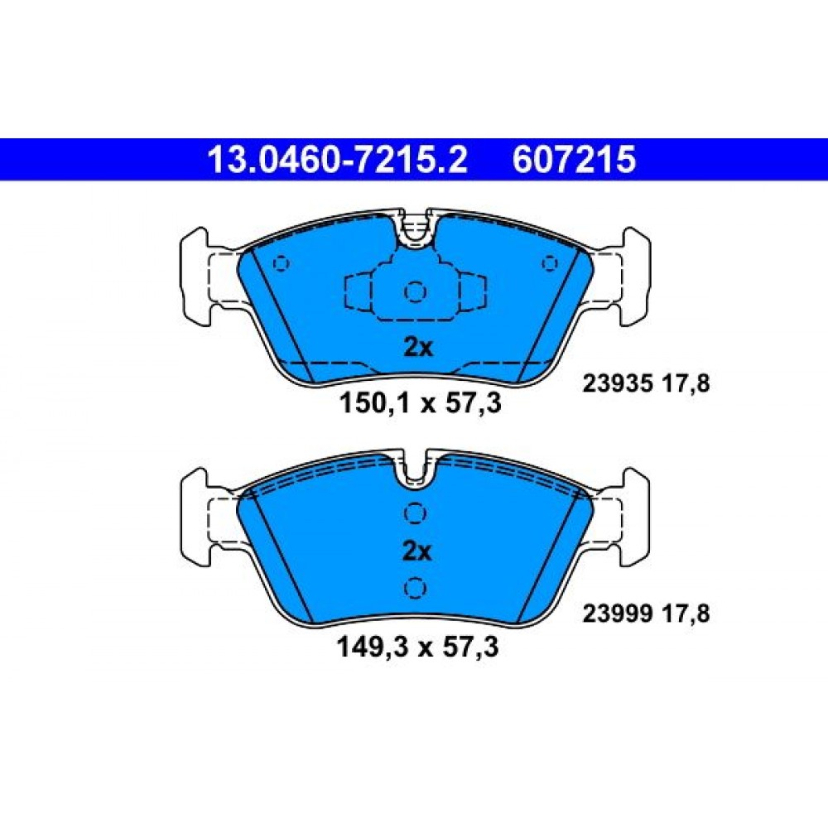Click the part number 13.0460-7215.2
338,160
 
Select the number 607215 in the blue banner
574,160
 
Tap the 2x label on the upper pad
417,348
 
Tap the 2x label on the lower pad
416,551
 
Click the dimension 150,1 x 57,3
420,403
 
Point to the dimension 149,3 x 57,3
417,647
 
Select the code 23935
617,384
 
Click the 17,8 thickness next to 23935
686,384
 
